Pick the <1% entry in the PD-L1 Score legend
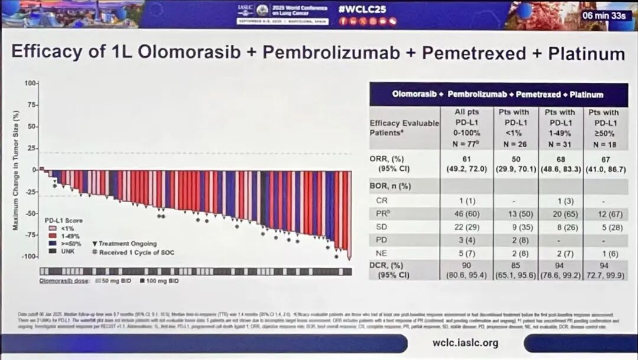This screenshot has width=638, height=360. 66,228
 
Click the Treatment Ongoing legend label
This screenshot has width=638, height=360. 128,244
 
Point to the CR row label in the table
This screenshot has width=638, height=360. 382,200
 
